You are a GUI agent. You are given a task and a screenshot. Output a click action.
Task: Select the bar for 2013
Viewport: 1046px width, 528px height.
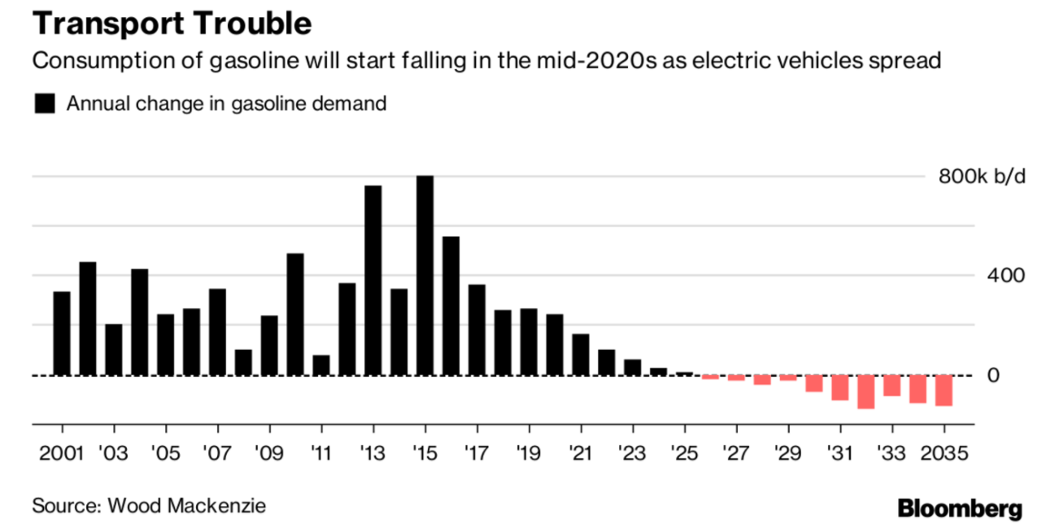pyautogui.click(x=373, y=281)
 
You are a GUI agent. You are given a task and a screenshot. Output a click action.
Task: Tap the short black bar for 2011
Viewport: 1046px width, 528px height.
pyautogui.click(x=321, y=365)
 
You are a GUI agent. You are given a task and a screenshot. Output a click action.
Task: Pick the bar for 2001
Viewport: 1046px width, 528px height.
pyautogui.click(x=62, y=334)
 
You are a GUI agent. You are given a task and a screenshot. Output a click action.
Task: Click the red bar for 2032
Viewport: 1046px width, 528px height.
pyautogui.click(x=866, y=391)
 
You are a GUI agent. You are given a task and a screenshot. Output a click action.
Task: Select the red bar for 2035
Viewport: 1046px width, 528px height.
pyautogui.click(x=944, y=391)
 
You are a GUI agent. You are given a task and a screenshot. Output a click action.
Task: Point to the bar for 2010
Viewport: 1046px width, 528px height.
pyautogui.click(x=295, y=314)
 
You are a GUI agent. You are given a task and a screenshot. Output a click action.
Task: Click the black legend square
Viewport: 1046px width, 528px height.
pyautogui.click(x=44, y=104)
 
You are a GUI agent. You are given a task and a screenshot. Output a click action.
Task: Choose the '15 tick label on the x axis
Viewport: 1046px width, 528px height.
pyautogui.click(x=425, y=452)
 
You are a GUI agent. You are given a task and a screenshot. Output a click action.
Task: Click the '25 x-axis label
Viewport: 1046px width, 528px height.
pyautogui.click(x=684, y=452)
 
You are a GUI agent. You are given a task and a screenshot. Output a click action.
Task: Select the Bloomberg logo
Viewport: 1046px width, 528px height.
pyautogui.click(x=960, y=508)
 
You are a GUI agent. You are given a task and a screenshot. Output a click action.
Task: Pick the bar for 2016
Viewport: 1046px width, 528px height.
pyautogui.click(x=451, y=306)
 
